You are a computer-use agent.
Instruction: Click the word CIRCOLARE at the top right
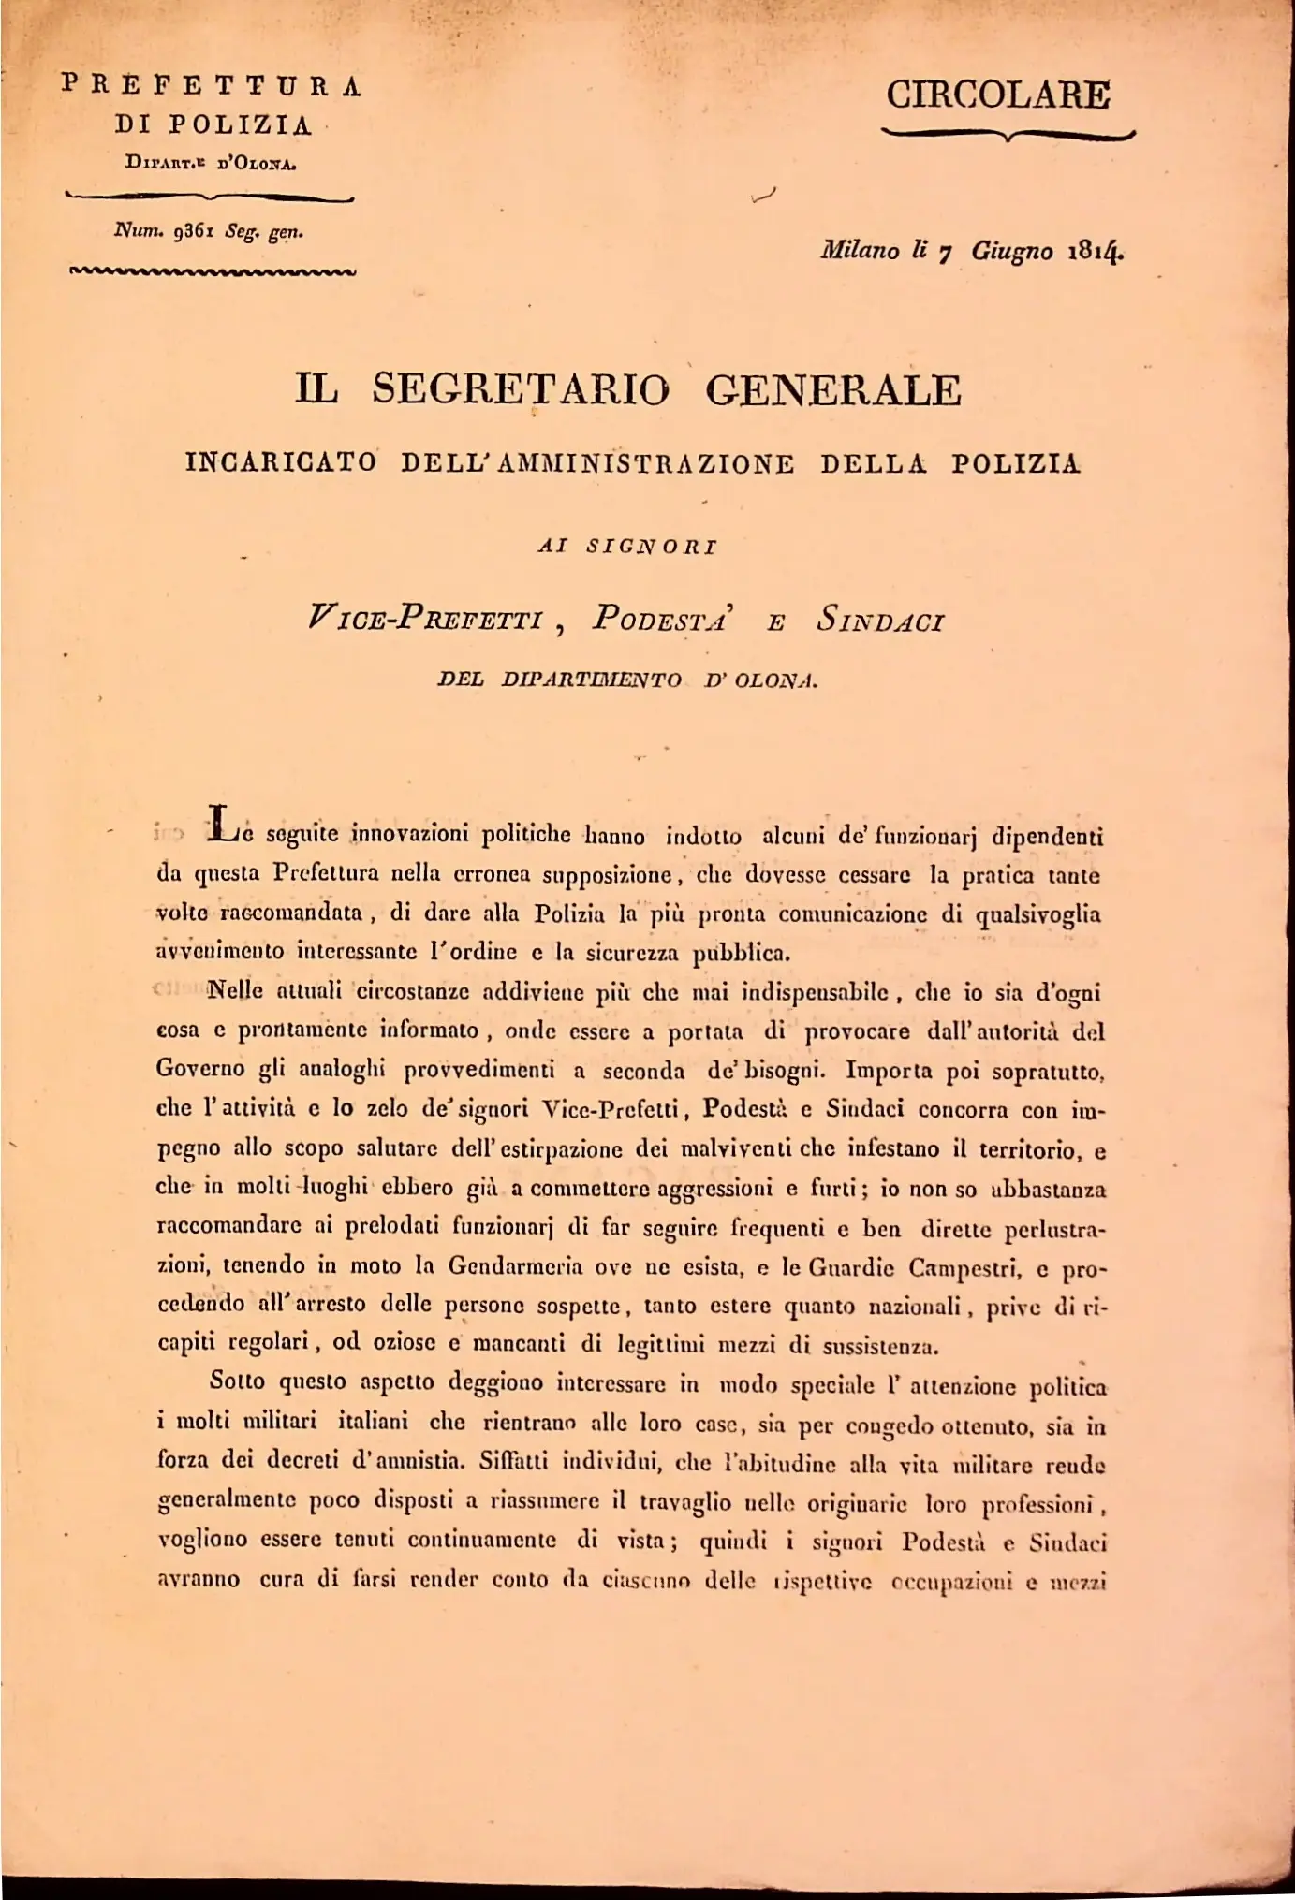pos(998,95)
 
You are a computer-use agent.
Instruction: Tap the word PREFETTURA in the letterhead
pos(211,85)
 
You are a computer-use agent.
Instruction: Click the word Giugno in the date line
pos(1011,251)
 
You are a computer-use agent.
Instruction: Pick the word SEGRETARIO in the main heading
pos(522,389)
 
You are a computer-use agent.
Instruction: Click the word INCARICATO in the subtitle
pos(281,463)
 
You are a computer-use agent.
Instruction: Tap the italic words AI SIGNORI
pos(626,547)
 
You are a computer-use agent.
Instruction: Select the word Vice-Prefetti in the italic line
pos(426,620)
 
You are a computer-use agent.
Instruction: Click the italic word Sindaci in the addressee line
pos(880,620)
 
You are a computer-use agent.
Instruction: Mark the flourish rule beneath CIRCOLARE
pos(1008,137)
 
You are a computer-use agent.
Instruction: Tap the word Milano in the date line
pos(860,251)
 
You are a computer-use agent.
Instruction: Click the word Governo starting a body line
pos(200,1070)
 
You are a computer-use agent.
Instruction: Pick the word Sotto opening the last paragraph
pos(238,1381)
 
